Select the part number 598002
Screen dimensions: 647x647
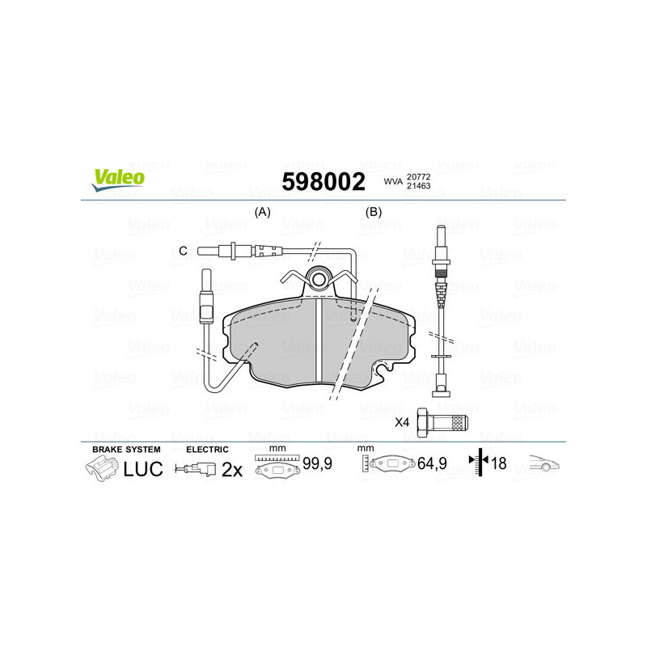(323, 181)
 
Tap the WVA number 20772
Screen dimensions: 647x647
(418, 176)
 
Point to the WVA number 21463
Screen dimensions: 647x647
(418, 186)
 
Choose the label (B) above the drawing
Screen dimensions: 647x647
(373, 212)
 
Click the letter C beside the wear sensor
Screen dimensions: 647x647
(183, 251)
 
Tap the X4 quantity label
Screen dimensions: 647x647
(402, 422)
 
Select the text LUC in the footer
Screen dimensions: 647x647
(143, 468)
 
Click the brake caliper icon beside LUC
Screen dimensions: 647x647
(100, 468)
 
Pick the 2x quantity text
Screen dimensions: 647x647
(232, 469)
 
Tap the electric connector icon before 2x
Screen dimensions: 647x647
(197, 468)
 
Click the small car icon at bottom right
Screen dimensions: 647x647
(543, 464)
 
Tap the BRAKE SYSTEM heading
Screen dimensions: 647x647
(126, 449)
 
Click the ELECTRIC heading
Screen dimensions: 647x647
(208, 449)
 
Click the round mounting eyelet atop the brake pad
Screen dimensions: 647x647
(320, 280)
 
